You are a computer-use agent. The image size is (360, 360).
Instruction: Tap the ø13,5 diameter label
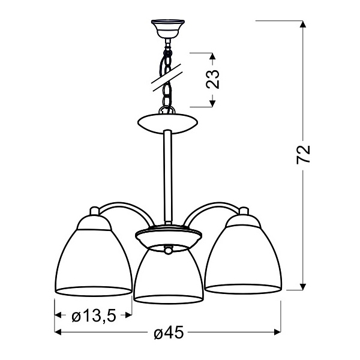tap(94, 315)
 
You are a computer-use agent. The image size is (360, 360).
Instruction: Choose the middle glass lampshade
tap(167, 273)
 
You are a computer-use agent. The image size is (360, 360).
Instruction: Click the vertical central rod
tap(166, 180)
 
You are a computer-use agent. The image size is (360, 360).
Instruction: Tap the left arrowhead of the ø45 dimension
tap(59, 331)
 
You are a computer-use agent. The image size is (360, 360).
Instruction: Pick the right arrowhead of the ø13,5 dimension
tap(128, 315)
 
